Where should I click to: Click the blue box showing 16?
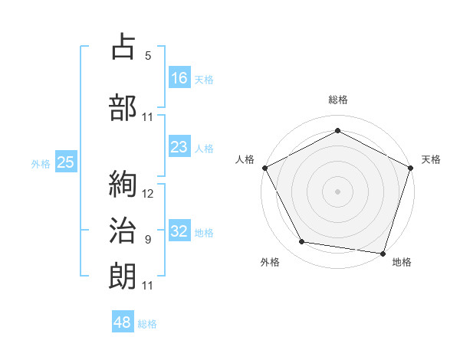[179, 77]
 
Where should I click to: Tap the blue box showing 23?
[179, 147]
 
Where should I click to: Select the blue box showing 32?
[179, 231]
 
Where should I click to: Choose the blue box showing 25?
[65, 162]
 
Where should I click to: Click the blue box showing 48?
[123, 322]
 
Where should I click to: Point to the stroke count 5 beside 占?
[148, 55]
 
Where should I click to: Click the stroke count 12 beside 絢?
[148, 193]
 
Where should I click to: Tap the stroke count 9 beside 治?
[148, 239]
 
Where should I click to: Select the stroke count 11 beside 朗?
[148, 285]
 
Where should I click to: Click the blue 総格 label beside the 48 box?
[148, 324]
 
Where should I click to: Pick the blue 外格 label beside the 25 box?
[41, 163]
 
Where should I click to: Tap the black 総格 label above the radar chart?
[337, 100]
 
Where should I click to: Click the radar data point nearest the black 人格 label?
[264, 167]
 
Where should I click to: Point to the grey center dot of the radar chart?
[337, 191]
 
